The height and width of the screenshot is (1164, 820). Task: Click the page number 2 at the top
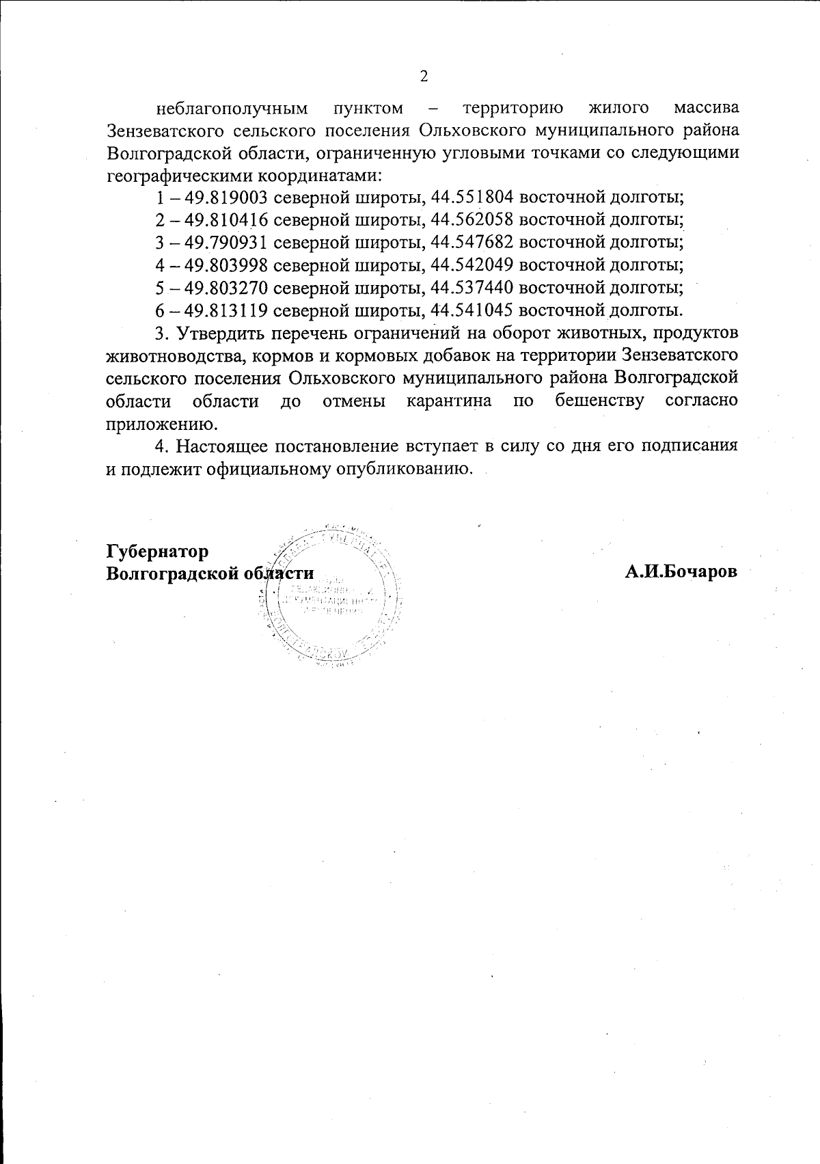click(423, 76)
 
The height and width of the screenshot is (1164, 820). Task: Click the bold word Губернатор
click(157, 551)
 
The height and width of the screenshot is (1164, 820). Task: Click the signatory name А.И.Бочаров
click(681, 573)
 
